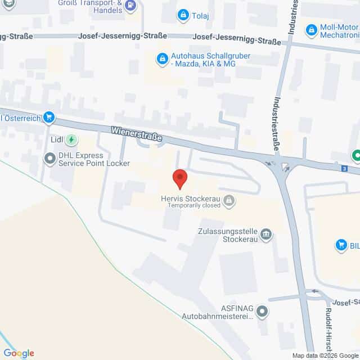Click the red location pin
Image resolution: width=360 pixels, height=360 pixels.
(x=179, y=178)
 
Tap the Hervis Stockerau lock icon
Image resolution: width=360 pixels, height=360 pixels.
(x=229, y=200)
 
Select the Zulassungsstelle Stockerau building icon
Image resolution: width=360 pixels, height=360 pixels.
(x=267, y=235)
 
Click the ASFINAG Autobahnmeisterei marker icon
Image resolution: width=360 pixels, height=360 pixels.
(x=262, y=310)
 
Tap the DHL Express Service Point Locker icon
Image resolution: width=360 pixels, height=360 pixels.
(x=51, y=159)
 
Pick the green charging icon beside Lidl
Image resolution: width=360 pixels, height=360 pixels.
(x=71, y=139)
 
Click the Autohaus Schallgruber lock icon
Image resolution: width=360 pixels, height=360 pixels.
(x=162, y=58)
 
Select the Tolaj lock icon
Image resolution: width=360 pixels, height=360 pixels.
(x=183, y=15)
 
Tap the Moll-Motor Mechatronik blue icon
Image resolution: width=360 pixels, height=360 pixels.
(x=311, y=29)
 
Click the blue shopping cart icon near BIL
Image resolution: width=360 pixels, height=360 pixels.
(x=340, y=245)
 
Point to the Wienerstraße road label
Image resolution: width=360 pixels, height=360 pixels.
(x=137, y=133)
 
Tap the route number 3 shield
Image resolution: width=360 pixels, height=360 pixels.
(x=344, y=168)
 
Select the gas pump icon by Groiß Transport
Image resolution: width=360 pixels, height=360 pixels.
(x=130, y=6)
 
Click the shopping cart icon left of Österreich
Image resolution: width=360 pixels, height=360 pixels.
(x=49, y=118)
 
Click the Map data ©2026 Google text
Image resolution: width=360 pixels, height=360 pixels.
(x=325, y=355)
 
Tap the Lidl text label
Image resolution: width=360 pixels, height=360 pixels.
(x=55, y=139)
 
